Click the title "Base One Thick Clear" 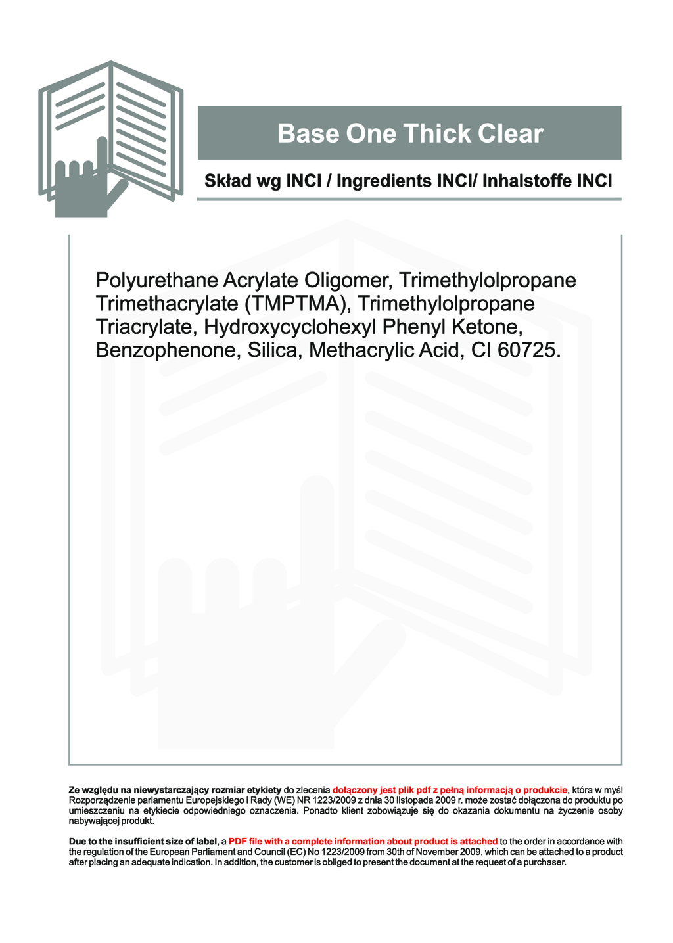[x=410, y=133]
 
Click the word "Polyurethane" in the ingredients [x=157, y=281]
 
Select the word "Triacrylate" [x=147, y=327]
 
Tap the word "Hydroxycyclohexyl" [x=290, y=327]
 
